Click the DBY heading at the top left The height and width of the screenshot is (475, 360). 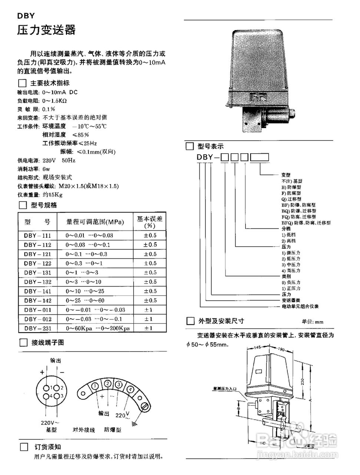tap(26, 16)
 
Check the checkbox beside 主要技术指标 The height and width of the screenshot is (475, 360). tap(23, 83)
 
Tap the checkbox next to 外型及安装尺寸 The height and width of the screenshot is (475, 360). tap(190, 321)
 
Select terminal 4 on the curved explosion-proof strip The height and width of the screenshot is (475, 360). tap(130, 389)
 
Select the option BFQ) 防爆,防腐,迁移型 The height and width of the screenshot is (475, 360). tap(306, 223)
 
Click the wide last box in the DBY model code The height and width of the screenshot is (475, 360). tap(260, 157)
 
